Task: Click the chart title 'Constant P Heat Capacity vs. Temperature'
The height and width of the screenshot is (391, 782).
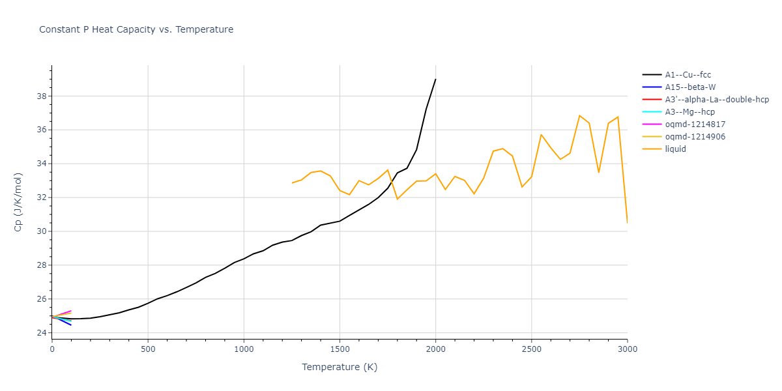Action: [x=136, y=29]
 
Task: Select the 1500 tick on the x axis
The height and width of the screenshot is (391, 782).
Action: [x=340, y=349]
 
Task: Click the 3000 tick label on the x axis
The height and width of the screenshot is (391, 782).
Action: [x=627, y=349]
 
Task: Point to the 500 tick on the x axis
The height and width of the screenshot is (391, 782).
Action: [x=148, y=349]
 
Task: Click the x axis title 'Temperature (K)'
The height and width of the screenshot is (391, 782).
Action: [x=340, y=367]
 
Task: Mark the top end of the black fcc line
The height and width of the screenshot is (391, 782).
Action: [x=435, y=80]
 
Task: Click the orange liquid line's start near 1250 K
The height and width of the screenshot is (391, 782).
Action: [x=292, y=183]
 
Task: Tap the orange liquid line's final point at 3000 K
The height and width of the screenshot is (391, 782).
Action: [x=627, y=223]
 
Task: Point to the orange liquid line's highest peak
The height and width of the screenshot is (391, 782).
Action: [x=579, y=115]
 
